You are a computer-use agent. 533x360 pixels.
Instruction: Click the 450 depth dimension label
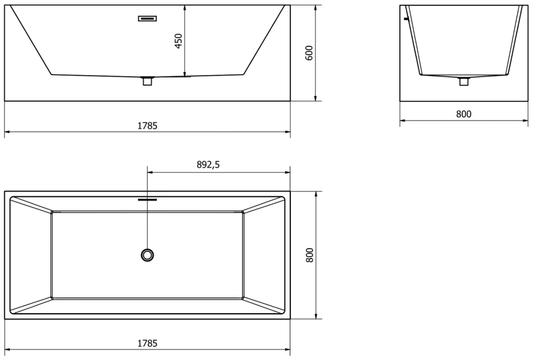[x=179, y=41]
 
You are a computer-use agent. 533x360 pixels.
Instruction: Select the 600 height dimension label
[x=309, y=53]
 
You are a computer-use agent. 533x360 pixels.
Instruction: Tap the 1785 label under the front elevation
[x=147, y=125]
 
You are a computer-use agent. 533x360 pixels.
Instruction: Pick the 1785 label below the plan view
[x=147, y=343]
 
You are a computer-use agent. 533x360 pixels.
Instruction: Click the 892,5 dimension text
[x=208, y=165]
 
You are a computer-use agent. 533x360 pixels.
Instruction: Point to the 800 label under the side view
[x=463, y=114]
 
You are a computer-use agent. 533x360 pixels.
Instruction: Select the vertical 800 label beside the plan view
[x=309, y=255]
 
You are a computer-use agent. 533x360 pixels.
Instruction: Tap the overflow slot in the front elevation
[x=147, y=19]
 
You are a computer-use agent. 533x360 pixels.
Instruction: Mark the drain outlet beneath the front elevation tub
[x=147, y=81]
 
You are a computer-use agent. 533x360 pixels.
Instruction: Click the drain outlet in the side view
[x=464, y=81]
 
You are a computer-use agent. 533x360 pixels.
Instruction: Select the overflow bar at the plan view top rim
[x=148, y=198]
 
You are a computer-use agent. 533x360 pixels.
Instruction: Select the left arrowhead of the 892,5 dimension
[x=150, y=172]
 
